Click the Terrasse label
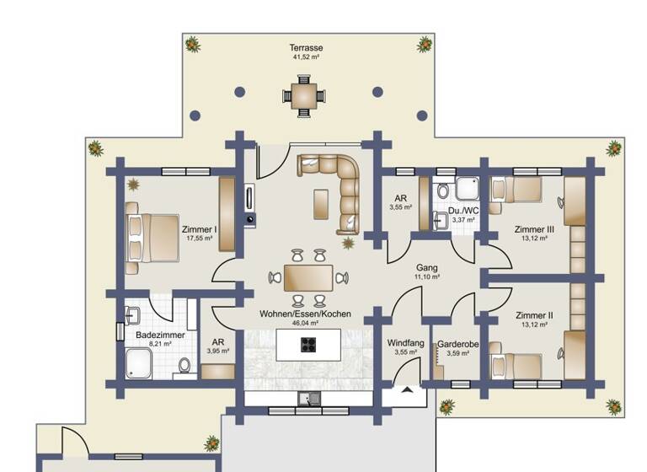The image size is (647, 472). (307, 48)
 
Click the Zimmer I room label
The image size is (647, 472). (200, 228)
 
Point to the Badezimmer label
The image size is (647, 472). (159, 335)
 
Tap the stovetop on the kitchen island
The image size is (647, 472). (308, 343)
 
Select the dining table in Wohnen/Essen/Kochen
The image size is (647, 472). (307, 277)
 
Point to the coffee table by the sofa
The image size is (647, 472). (320, 203)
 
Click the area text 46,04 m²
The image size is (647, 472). (304, 323)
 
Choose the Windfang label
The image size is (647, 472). (405, 343)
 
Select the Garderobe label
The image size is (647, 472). (457, 344)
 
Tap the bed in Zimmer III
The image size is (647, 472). (516, 190)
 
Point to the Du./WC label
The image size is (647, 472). (463, 211)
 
